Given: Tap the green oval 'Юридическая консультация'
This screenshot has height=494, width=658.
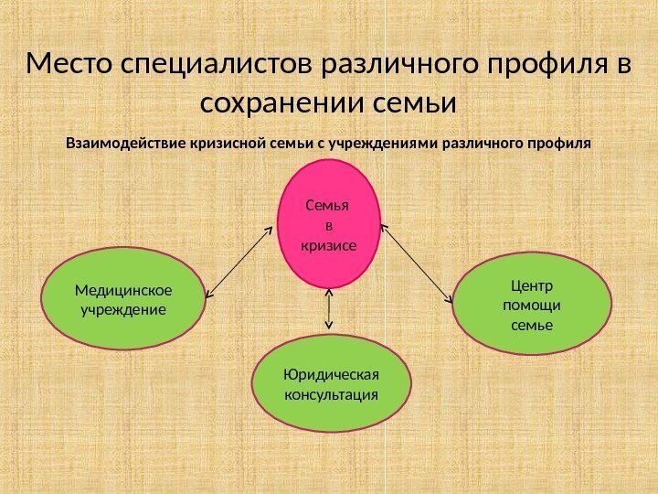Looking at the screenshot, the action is point(330,385).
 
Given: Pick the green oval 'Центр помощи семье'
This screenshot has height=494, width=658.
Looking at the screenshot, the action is point(532,303).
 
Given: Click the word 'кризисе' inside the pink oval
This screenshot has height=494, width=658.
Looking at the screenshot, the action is point(327,245).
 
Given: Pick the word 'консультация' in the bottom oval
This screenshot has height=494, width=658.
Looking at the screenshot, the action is point(330,395).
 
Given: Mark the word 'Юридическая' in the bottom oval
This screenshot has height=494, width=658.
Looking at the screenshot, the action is point(330,375).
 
